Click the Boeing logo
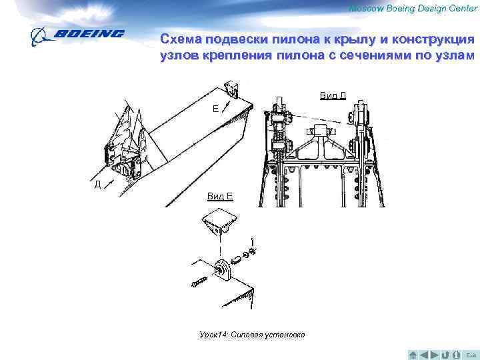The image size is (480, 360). point(77,37)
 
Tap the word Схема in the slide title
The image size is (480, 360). point(181,39)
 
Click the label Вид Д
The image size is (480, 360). point(333,95)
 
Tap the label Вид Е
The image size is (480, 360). point(220,196)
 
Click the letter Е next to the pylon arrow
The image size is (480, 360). point(216,109)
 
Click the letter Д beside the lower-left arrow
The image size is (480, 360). point(97,184)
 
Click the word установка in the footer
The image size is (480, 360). point(285,335)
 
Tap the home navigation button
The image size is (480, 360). point(413,355)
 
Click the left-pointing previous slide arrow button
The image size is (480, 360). point(424,355)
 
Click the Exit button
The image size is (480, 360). point(471,355)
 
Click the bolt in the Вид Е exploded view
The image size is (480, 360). point(199,281)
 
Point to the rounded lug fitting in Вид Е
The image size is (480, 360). point(223,270)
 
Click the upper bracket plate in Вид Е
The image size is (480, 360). point(220,221)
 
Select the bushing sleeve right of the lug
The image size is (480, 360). point(236,261)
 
